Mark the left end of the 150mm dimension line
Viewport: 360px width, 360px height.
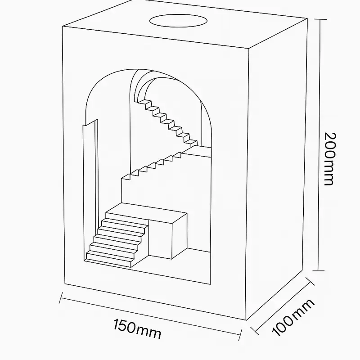[x=61, y=297]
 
